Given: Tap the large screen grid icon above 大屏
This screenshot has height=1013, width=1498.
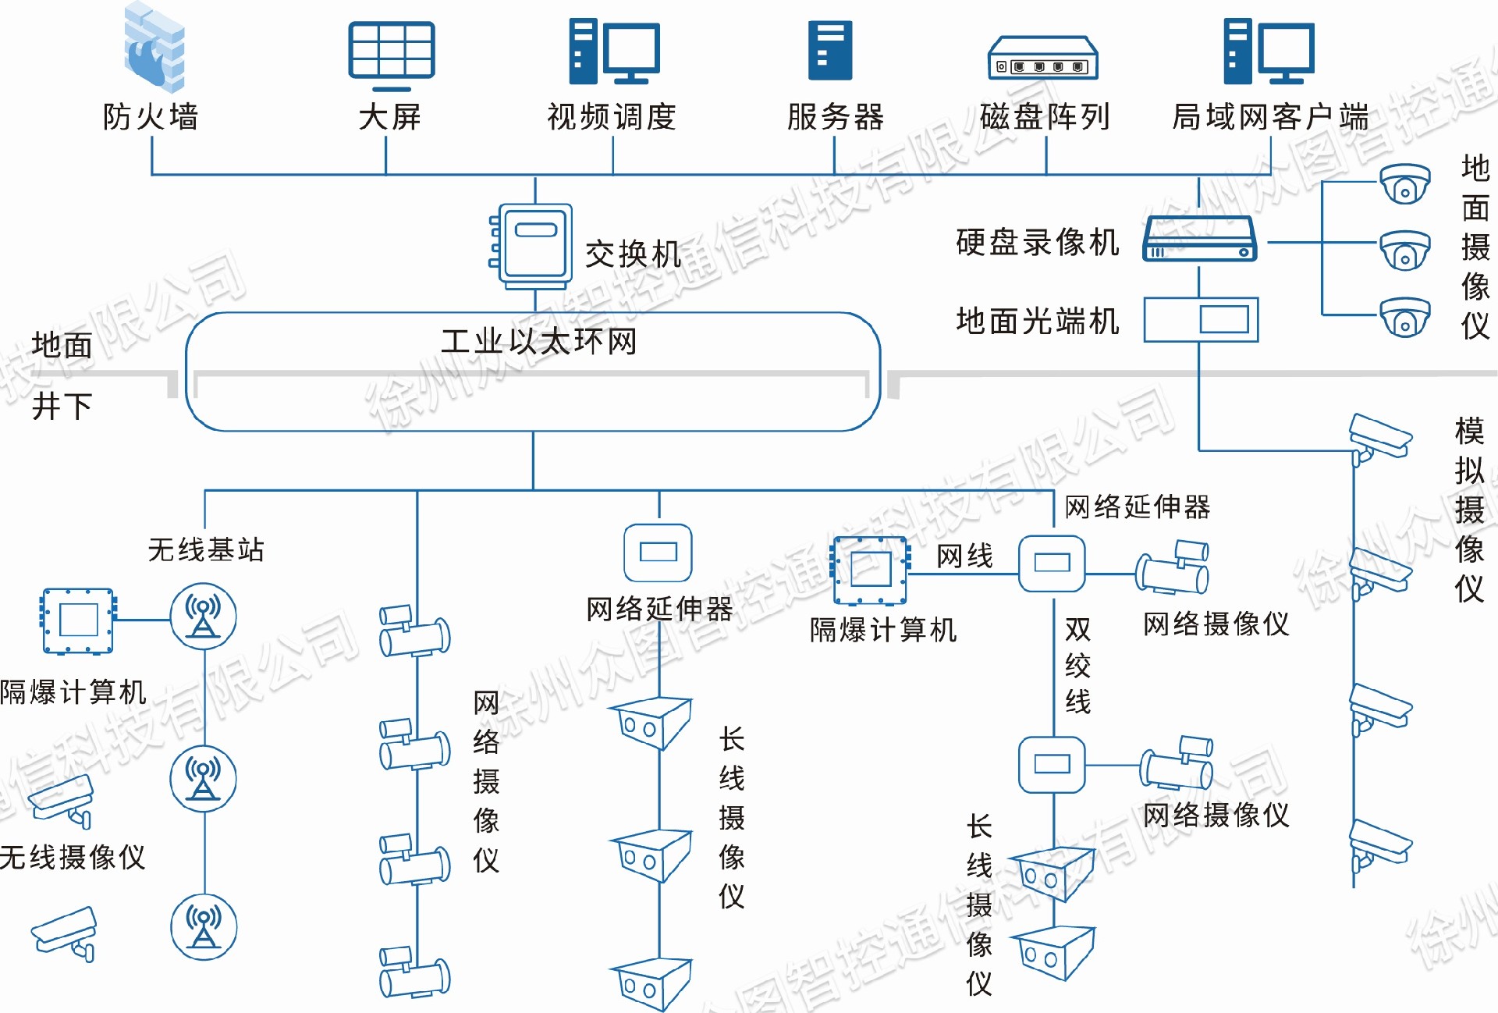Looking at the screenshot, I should tap(391, 52).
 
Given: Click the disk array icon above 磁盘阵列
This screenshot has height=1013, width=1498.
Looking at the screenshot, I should tap(1043, 59).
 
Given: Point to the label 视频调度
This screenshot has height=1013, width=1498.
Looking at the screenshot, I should tap(612, 117).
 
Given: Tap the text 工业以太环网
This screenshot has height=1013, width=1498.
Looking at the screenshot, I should tap(538, 341).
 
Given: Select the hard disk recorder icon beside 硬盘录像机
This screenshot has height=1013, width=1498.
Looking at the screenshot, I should tap(1199, 239).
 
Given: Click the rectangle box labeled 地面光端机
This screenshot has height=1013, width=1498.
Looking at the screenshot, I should tap(1201, 319).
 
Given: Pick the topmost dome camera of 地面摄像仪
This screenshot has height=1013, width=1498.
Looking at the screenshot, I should tap(1404, 184).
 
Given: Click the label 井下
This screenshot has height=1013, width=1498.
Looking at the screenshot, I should tap(62, 407).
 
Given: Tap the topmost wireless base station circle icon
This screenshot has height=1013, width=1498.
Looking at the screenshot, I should tap(204, 617).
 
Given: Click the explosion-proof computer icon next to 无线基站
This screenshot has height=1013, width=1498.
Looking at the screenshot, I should tap(78, 621).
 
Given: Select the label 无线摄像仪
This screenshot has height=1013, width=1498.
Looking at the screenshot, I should tap(73, 857).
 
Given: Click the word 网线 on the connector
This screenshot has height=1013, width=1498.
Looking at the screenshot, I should tap(964, 556).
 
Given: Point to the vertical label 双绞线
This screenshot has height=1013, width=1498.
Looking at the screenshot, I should tap(1077, 665).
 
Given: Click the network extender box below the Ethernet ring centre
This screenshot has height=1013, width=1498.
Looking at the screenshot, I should tap(658, 553).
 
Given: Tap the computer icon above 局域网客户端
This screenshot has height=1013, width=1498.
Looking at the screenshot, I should tap(1269, 52).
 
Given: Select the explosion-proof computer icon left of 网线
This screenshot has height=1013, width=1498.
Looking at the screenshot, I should tap(871, 570).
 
